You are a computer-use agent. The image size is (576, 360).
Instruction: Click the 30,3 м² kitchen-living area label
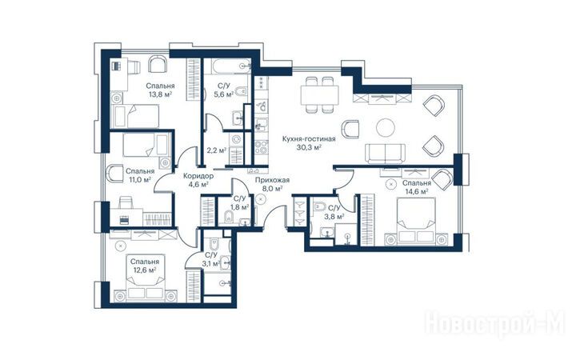309,148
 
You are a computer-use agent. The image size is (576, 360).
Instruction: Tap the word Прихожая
272,180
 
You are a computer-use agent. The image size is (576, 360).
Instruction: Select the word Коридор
198,176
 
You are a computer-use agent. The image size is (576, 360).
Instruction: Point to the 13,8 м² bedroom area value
161,94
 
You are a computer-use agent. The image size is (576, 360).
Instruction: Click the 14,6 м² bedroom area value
416,191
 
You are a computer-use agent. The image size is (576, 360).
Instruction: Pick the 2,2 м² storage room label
216,150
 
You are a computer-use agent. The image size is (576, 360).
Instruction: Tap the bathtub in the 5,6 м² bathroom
227,66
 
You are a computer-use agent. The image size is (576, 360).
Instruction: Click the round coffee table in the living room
386,127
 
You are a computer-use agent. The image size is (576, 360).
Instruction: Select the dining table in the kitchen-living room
319,95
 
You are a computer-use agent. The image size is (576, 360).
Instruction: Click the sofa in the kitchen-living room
385,154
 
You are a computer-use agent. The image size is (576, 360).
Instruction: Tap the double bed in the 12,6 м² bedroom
146,283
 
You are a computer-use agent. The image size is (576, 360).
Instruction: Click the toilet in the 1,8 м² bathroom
229,216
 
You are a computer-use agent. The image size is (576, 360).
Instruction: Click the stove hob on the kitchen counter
261,147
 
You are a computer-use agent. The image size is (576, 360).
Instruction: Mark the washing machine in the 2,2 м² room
236,139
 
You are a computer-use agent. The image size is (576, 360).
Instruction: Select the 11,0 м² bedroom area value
139,180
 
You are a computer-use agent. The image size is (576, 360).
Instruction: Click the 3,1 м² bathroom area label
210,263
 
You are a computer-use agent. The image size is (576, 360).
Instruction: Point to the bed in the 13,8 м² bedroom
135,117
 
